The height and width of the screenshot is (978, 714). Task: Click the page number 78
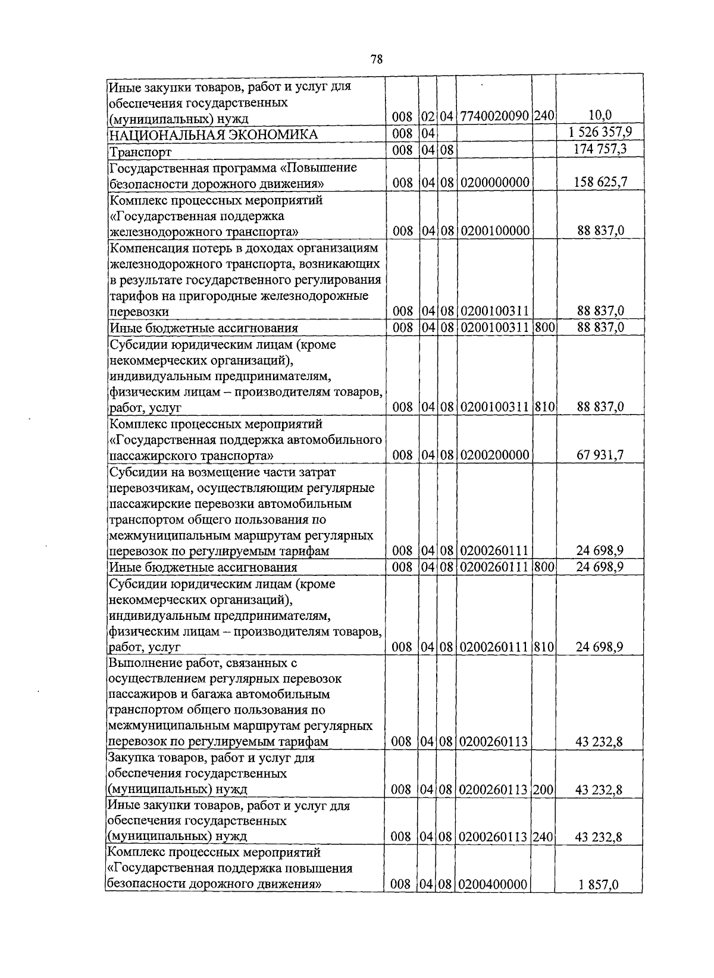pos(376,59)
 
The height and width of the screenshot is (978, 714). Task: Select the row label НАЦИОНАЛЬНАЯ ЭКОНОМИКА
pos(213,135)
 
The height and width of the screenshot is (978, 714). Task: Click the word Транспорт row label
pos(140,152)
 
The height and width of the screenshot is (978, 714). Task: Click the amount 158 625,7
pos(600,182)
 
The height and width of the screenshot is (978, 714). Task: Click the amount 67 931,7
pos(600,455)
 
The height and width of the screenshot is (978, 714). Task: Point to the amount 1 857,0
pos(600,885)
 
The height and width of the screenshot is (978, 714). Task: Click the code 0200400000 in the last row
pos(494,885)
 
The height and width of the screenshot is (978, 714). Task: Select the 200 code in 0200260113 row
pos(543,790)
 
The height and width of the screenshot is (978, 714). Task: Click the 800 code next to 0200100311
pos(544,327)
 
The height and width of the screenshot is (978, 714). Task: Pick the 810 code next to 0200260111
pos(544,647)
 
